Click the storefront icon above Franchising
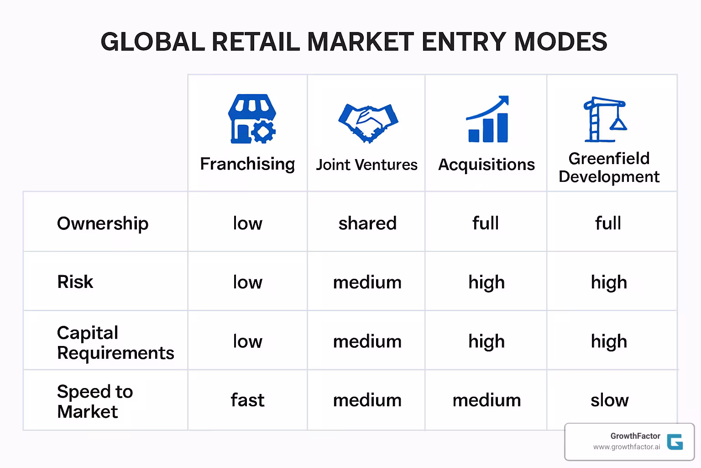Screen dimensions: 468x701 251,119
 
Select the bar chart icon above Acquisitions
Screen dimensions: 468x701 487,119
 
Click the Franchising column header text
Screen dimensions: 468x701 247,164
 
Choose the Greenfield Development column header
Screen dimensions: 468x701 609,167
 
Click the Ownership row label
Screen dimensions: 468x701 103,223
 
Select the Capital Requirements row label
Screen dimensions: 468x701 115,343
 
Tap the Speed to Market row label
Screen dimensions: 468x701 94,401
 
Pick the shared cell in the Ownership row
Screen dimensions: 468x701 367,223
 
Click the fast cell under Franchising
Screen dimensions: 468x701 247,400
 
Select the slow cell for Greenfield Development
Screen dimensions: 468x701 609,400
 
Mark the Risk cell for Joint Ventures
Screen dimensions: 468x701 367,282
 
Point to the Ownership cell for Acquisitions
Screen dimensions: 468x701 486,223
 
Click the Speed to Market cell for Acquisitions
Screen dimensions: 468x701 487,400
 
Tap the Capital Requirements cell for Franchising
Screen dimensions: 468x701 247,341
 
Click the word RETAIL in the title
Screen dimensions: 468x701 256,42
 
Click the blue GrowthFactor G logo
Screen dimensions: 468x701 675,441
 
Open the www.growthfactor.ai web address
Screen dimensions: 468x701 626,447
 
